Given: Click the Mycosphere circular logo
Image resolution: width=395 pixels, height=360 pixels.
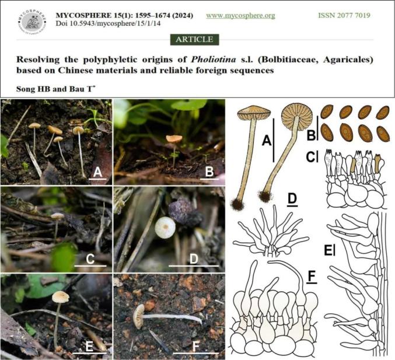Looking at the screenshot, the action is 32,22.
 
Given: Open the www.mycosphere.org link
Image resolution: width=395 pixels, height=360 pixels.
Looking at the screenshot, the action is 240,16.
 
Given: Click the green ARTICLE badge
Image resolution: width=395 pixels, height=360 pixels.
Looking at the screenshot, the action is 194,40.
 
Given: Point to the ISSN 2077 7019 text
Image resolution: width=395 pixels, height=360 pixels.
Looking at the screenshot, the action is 344,15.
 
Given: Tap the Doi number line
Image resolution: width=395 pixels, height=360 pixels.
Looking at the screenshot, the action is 108,24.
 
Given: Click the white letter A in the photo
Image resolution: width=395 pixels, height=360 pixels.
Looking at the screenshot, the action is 97,173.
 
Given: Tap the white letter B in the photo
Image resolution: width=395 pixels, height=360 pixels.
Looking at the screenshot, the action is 209,172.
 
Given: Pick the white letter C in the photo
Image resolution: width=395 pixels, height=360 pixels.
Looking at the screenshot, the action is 90,259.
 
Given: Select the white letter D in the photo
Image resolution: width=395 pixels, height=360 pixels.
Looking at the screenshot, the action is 194,259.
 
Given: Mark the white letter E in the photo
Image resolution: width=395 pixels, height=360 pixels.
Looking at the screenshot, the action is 89,347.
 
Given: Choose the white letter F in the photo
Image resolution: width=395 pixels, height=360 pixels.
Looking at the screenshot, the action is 195,347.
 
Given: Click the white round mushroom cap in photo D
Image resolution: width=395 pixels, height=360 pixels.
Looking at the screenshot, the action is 165,227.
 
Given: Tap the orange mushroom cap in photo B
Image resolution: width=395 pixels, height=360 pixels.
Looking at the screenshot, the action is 174,138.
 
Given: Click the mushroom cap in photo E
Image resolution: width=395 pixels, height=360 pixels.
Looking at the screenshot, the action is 61,296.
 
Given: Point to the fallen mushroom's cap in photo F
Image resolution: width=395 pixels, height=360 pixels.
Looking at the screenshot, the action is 138,316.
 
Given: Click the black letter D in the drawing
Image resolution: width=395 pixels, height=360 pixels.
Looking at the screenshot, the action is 292,199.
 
